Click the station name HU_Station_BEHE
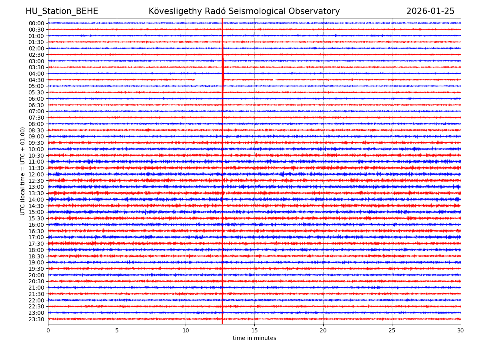pyautogui.click(x=62, y=11)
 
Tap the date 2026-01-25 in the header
pyautogui.click(x=430, y=11)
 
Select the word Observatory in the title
pyautogui.click(x=317, y=11)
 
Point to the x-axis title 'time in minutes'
pyautogui.click(x=254, y=338)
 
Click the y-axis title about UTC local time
pyautogui.click(x=23, y=171)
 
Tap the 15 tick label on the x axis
pyautogui.click(x=254, y=330)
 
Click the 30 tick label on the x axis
pyautogui.click(x=461, y=330)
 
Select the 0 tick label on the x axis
pyautogui.click(x=48, y=330)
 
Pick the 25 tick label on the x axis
pyautogui.click(x=392, y=330)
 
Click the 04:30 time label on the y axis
pyautogui.click(x=36, y=80)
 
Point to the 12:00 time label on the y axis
pyautogui.click(x=36, y=174)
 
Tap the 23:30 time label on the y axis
pyautogui.click(x=36, y=319)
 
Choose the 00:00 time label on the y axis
pyautogui.click(x=36, y=23)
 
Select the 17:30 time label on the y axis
pyautogui.click(x=36, y=244)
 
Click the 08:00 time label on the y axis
pyautogui.click(x=36, y=124)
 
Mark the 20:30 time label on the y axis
pyautogui.click(x=36, y=281)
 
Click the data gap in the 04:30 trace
pyautogui.click(x=208, y=80)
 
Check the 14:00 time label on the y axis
pyautogui.click(x=36, y=200)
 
